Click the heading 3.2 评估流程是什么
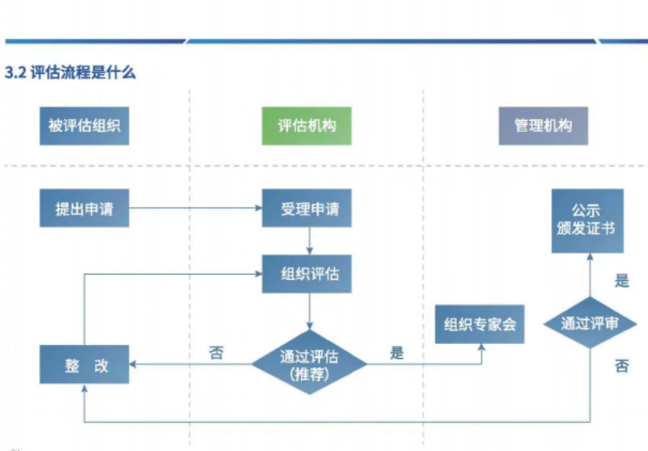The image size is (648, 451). [70, 73]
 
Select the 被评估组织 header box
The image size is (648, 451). [84, 126]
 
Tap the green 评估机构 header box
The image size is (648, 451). [307, 126]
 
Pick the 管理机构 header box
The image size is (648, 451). [543, 126]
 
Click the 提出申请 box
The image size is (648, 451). [84, 208]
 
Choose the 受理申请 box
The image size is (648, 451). [307, 208]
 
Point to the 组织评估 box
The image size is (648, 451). [307, 273]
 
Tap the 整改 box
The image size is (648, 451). [84, 365]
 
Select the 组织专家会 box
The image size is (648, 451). [479, 324]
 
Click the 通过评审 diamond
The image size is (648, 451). [589, 324]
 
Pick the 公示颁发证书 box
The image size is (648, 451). [587, 220]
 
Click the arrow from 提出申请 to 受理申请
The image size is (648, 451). [195, 208]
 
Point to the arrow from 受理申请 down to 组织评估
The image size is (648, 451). [309, 241]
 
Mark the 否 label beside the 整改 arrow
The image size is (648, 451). [216, 353]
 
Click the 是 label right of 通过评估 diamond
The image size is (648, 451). [397, 352]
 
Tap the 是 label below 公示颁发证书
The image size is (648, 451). [622, 280]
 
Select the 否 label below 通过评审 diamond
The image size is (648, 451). [622, 366]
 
